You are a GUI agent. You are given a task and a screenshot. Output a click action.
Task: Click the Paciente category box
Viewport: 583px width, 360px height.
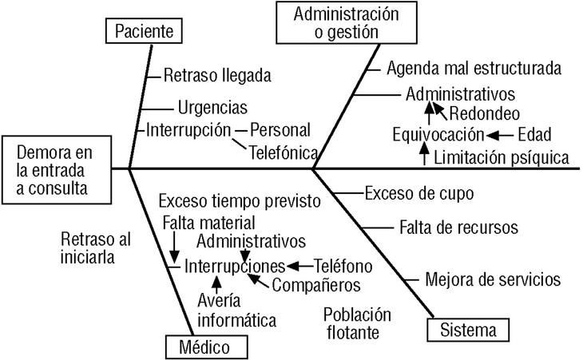144,32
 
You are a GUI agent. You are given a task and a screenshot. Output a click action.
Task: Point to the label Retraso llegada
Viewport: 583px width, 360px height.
217,76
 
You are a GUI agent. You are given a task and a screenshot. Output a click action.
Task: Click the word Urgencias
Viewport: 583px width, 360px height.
212,107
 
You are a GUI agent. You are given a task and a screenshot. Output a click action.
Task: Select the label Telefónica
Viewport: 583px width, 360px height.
284,152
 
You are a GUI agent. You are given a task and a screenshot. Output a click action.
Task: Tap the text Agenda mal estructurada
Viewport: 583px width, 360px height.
474,69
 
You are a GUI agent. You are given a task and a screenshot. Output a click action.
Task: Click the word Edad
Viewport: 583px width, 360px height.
534,133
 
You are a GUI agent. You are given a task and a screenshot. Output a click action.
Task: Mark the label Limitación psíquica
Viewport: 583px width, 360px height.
502,157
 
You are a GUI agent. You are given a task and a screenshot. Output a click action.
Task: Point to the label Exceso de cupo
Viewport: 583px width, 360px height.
419,192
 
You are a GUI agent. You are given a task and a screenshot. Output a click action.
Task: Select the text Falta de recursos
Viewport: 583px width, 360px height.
458,227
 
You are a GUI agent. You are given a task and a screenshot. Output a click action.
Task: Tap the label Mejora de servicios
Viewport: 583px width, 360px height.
493,279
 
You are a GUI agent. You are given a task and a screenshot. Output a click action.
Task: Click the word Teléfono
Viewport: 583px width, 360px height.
343,265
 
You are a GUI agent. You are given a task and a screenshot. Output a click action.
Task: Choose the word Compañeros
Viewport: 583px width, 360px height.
316,284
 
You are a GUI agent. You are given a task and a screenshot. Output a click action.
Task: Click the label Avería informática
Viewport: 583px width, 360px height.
236,311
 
